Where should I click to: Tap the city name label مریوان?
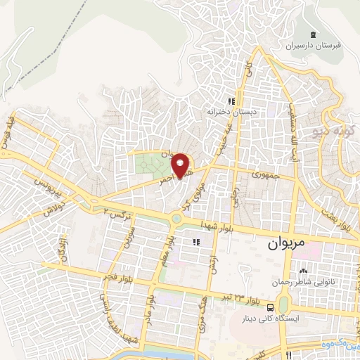point(288,246)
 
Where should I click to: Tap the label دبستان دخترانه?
point(223,111)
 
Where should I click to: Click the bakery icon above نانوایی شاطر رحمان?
point(303,272)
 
